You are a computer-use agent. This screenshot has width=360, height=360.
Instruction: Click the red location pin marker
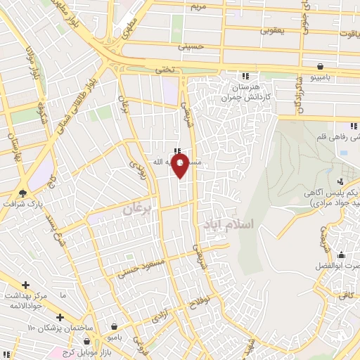(181, 166)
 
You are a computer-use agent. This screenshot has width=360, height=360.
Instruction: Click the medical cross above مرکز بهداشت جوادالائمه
(25, 285)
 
